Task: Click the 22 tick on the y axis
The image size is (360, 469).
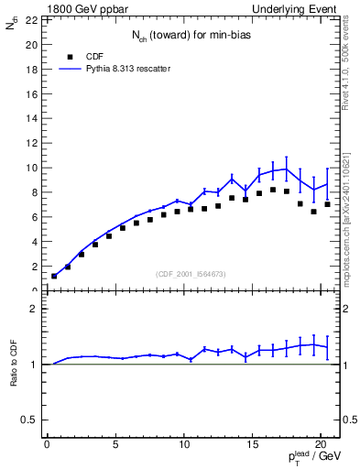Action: (x=32, y=19)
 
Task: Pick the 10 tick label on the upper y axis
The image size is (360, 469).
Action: (x=32, y=168)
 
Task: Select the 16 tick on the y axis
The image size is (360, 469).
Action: (x=32, y=93)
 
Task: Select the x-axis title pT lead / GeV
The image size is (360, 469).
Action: (x=311, y=461)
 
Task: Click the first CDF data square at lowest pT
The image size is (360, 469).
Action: (x=54, y=276)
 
